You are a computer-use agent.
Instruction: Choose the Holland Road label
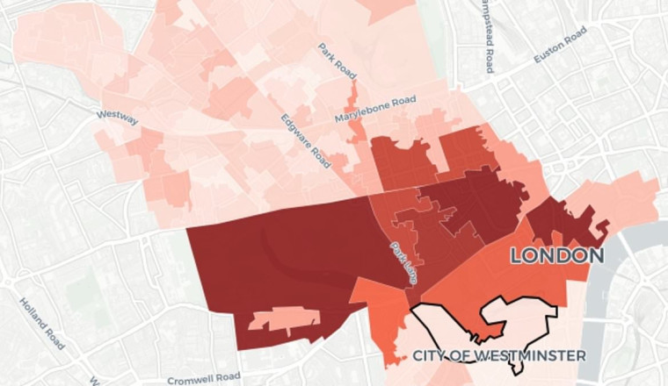42,322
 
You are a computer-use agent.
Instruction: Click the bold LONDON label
557,256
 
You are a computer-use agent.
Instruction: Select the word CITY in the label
432,356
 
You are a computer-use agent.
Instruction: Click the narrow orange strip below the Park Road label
354,110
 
